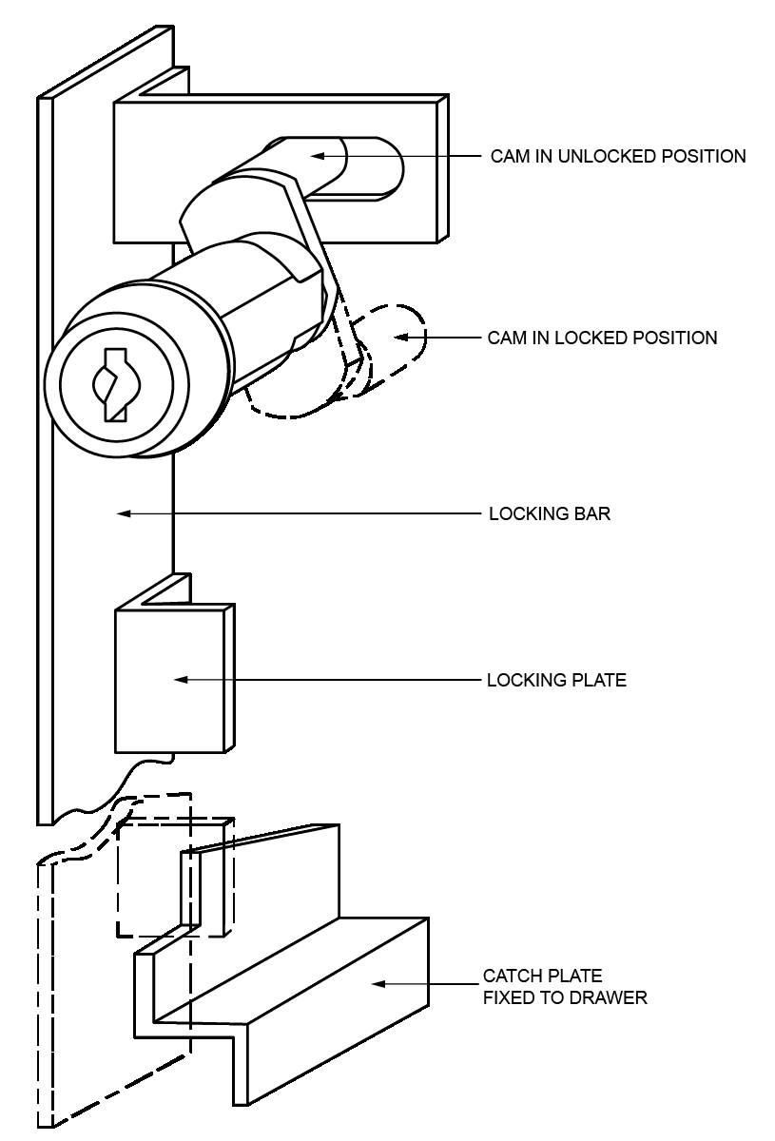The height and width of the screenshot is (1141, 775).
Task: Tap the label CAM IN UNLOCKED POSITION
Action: point(617,156)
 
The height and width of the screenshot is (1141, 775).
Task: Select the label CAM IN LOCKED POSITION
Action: point(602,338)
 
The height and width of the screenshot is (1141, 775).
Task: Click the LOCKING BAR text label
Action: point(549,514)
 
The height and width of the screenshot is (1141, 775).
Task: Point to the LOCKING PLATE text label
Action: point(556,681)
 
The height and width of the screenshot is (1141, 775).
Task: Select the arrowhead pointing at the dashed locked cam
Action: point(402,338)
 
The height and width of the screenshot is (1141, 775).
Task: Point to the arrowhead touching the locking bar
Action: point(123,514)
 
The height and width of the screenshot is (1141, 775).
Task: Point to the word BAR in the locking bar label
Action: point(593,514)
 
